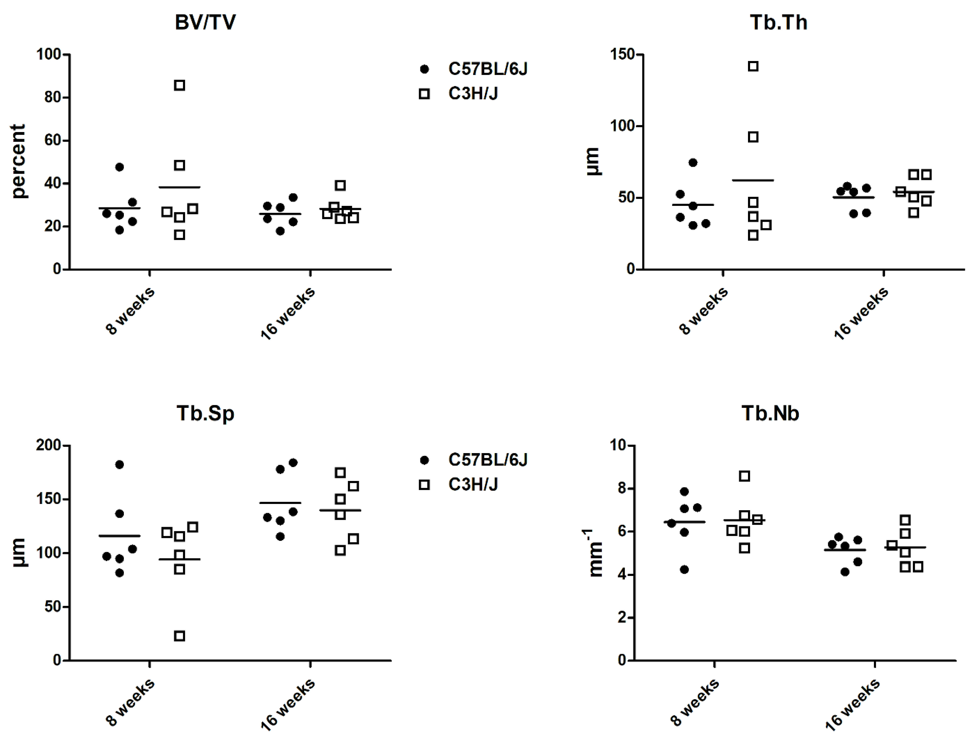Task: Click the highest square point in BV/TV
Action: point(180,85)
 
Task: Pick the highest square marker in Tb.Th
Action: point(753,66)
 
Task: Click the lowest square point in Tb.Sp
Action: point(180,636)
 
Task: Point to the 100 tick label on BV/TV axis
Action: point(49,54)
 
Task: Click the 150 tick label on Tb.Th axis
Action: point(622,54)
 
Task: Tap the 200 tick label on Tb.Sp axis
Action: point(49,445)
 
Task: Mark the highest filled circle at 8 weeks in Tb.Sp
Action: point(119,464)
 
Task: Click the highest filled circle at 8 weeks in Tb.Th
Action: point(693,163)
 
